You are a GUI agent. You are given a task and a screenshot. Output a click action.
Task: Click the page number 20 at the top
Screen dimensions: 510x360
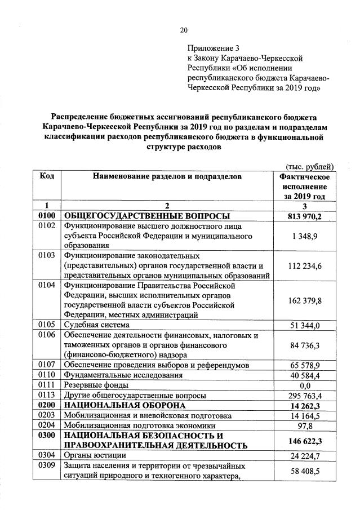coord(183,30)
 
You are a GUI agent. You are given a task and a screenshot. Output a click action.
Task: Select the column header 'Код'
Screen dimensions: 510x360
coord(47,176)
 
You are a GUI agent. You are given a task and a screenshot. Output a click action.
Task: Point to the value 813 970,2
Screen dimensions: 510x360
coord(304,216)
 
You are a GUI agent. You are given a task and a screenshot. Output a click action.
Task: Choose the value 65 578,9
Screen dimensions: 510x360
coord(304,366)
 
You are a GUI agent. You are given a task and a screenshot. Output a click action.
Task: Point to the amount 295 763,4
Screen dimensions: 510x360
coord(304,396)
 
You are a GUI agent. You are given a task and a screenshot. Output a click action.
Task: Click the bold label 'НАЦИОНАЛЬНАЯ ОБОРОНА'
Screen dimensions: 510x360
coord(124,406)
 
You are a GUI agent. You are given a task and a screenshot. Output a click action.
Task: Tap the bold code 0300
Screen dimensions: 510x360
coord(47,436)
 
